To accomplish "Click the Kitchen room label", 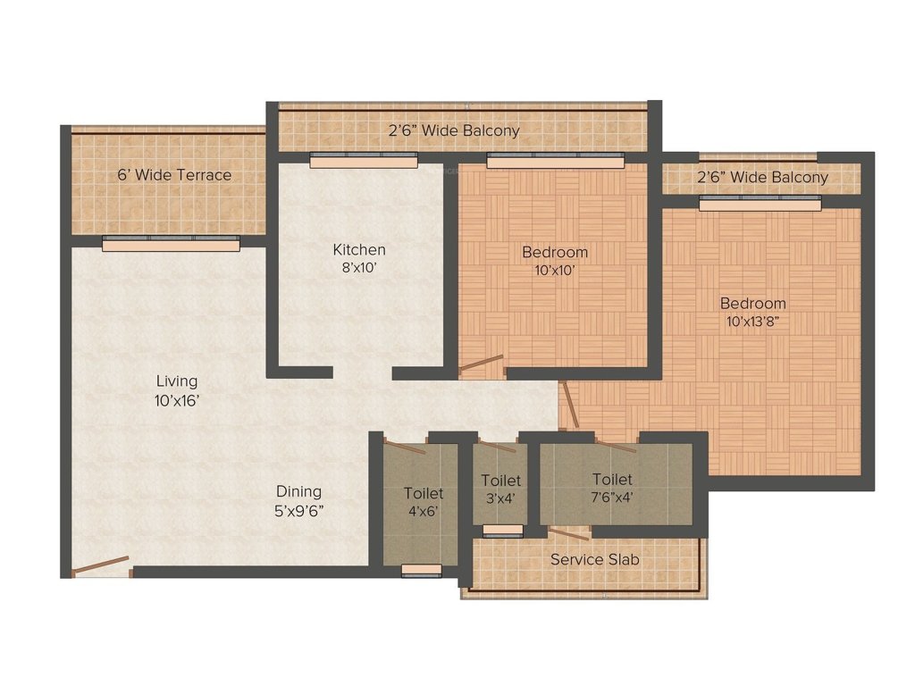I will pos(359,250).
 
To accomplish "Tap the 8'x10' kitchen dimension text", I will pos(359,267).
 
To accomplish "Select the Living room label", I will pos(175,382).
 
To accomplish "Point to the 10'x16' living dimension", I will pos(175,401).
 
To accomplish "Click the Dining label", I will pos(298,491).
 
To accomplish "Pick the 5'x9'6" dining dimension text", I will pos(298,511).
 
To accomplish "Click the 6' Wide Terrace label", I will pos(174,175).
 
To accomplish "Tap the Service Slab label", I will pos(594,560).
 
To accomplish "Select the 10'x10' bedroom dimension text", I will pos(555,269).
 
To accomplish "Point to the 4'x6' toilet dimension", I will pos(423,512).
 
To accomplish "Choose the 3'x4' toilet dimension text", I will pos(499,498).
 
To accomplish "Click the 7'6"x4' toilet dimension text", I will pos(612,498).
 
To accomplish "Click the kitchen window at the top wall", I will pos(363,161).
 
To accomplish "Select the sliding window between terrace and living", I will pos(171,243).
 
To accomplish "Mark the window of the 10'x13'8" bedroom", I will pos(760,205).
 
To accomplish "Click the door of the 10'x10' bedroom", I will pos(482,363).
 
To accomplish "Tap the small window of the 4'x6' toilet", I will pos(421,570).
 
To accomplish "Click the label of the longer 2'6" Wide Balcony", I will pos(453,130).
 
